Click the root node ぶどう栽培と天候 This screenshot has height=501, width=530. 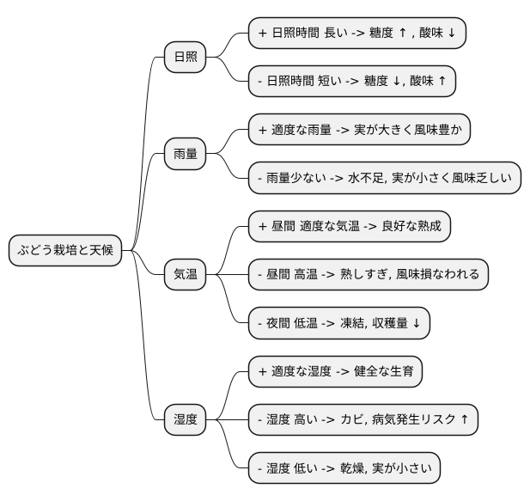coord(66,251)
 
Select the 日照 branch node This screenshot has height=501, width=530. coord(186,58)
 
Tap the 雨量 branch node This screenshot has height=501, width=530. coord(186,154)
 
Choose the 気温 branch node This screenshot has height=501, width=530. coord(186,275)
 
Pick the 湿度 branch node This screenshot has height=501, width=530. coord(186,420)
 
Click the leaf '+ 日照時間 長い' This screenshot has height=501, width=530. coord(356,34)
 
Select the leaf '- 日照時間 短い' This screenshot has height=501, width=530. coord(351,82)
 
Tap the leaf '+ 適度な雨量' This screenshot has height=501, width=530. coord(360,130)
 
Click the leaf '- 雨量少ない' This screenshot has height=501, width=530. coord(385,178)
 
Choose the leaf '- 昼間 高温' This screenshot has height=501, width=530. coord(369,275)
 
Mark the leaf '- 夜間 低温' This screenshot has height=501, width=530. coord(338,323)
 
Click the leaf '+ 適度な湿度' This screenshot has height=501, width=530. coord(335,372)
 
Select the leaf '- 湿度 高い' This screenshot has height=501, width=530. coord(362,420)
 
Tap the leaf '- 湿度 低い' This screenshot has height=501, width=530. coord(344,468)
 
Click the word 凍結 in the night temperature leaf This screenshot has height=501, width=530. coord(354,324)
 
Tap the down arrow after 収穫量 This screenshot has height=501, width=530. coord(416,324)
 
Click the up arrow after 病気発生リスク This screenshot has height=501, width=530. coord(465,420)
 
